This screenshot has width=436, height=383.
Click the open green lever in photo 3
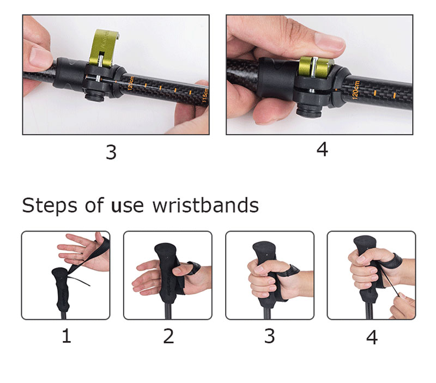[x=104, y=47]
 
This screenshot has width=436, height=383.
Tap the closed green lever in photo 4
[x=316, y=66]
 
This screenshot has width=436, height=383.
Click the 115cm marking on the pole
[x=205, y=95]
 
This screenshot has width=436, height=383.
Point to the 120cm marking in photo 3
[x=131, y=83]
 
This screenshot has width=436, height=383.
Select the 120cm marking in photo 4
[x=356, y=90]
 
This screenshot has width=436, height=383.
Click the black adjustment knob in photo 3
[x=94, y=96]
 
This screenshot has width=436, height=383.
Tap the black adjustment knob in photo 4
[x=308, y=110]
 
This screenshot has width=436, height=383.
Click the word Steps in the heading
[x=50, y=206]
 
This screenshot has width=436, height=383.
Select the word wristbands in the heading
[x=206, y=206]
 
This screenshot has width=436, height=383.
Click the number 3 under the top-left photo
[x=111, y=153]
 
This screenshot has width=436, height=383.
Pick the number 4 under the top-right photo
[x=322, y=149]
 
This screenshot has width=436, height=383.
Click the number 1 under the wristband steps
[x=66, y=336]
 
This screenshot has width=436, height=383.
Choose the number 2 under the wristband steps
[x=168, y=336]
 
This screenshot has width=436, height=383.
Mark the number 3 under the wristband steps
[x=270, y=336]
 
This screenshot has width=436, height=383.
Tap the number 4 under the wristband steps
[x=372, y=337]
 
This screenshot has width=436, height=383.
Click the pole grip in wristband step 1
[x=61, y=290]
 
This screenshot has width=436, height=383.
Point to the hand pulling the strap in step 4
[x=404, y=306]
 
